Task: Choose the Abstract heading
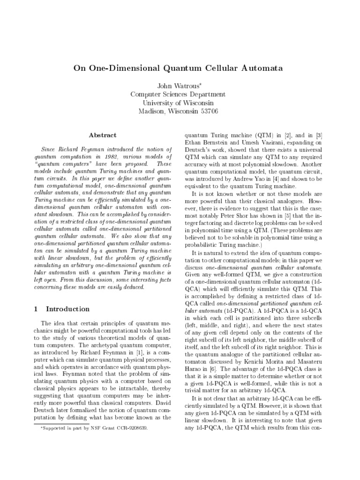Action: click(103, 135)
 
